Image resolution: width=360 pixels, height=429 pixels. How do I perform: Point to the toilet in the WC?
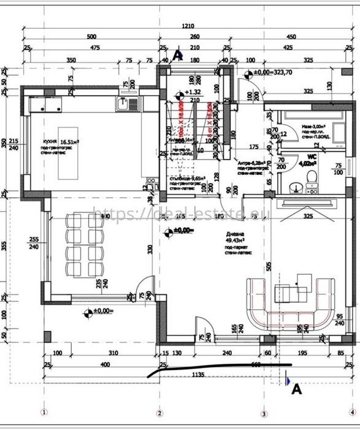pyautogui.click(x=312, y=177)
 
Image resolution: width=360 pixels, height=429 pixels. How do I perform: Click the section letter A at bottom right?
pyautogui.click(x=295, y=388)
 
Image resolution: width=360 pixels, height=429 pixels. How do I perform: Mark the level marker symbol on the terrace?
pyautogui.click(x=89, y=311)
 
